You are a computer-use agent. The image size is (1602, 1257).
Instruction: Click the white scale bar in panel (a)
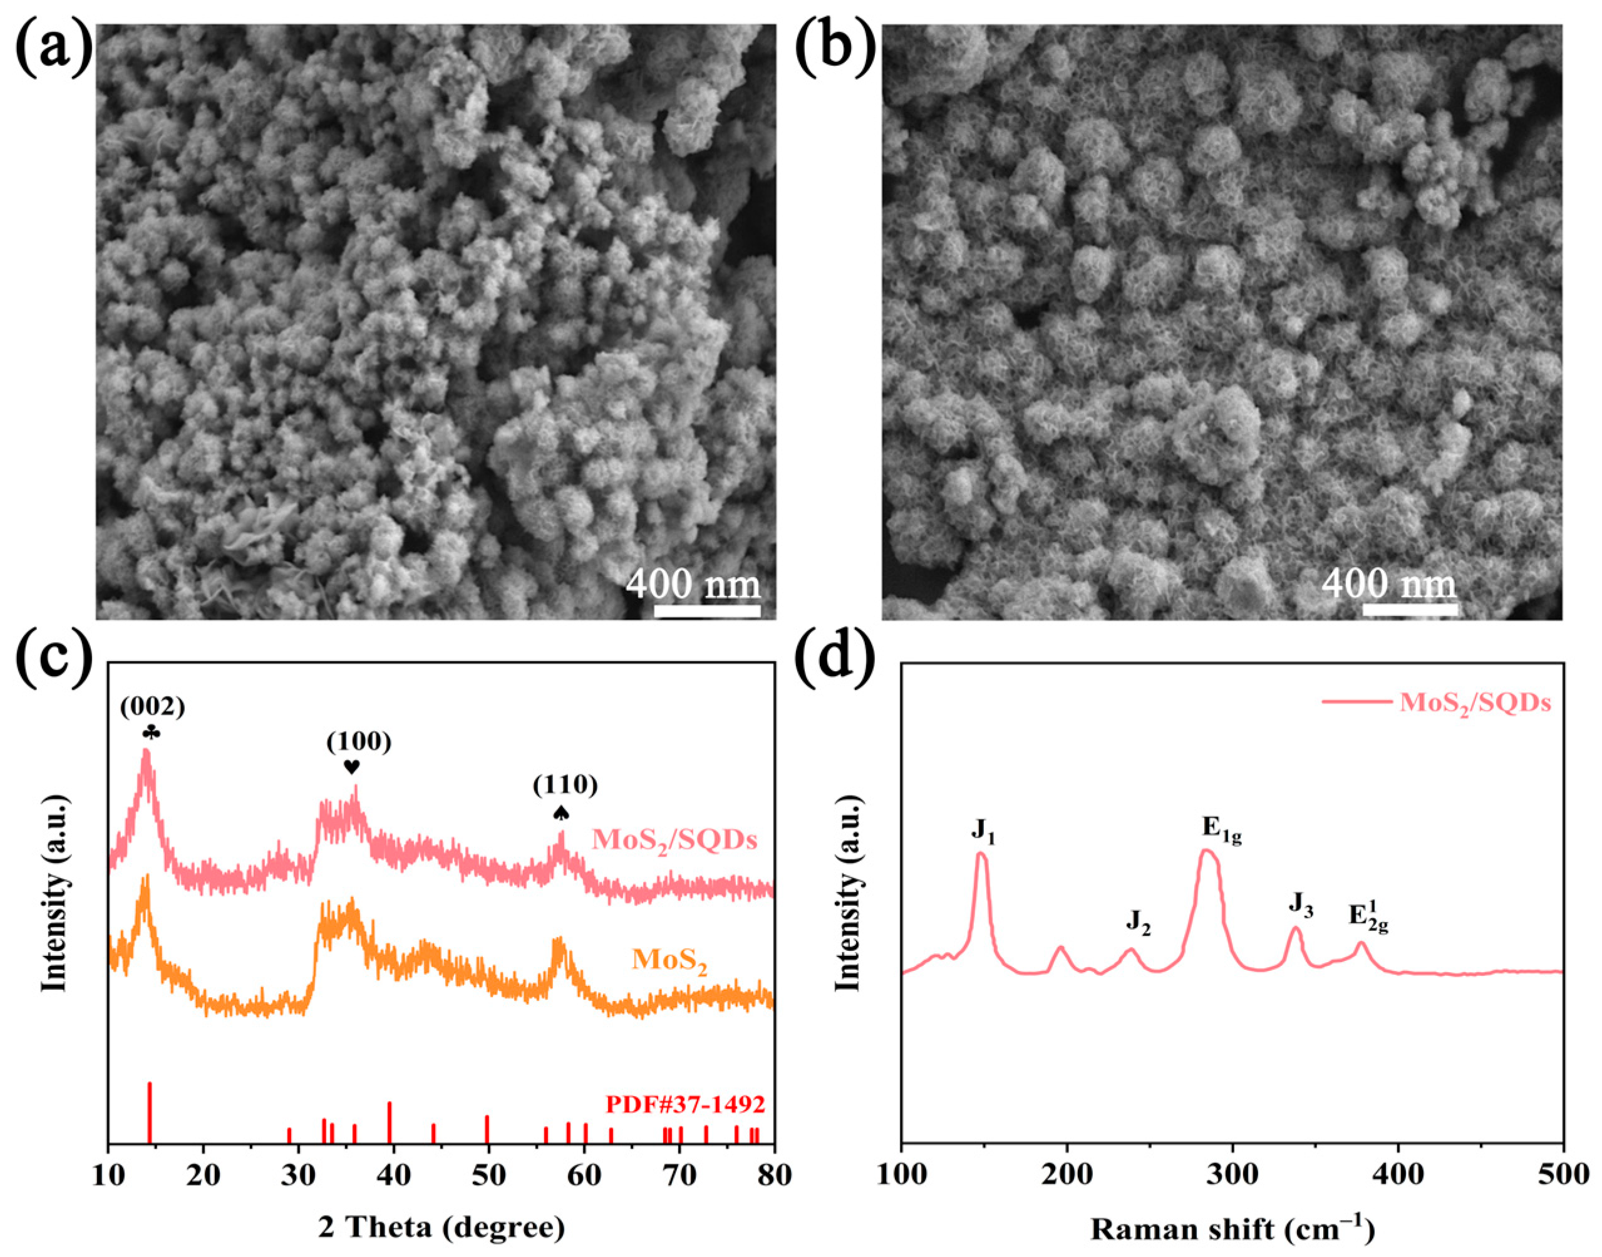point(707,610)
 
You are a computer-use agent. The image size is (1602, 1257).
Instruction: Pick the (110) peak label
point(565,785)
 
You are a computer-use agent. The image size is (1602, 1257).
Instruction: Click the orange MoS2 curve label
point(668,961)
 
